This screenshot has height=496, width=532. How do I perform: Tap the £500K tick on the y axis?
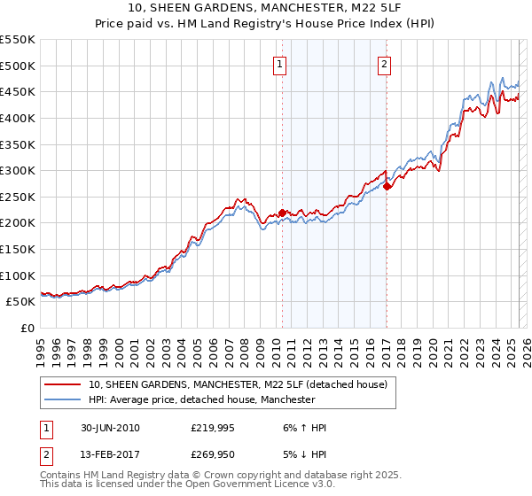click(x=18, y=66)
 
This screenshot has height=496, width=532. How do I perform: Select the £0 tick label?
click(x=27, y=329)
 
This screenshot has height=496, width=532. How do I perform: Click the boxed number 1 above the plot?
click(x=280, y=63)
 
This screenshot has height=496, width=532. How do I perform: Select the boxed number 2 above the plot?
click(x=385, y=63)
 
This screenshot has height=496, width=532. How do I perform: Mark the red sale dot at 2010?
click(x=283, y=213)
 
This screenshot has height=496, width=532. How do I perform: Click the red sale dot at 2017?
click(x=387, y=186)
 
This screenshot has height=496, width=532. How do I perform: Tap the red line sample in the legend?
click(x=63, y=385)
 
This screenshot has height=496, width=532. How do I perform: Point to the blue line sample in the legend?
click(x=63, y=400)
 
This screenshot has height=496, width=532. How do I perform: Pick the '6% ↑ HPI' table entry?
click(x=301, y=428)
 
